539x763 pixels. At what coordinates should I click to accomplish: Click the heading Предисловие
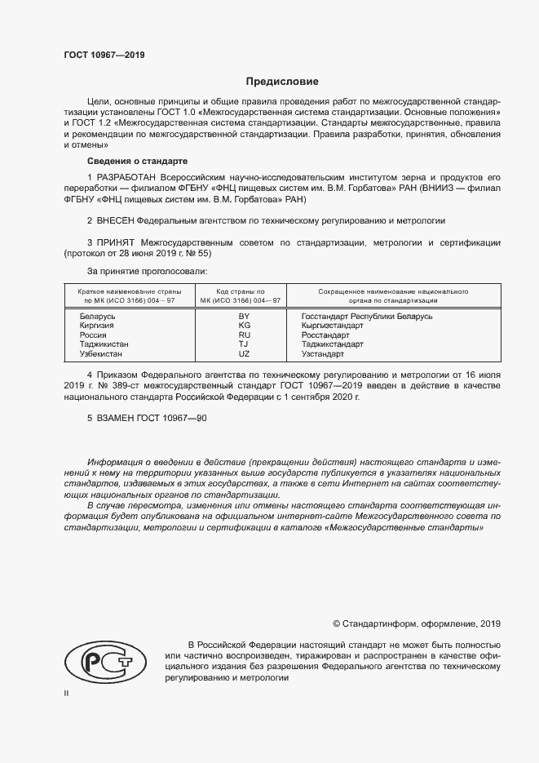(x=283, y=82)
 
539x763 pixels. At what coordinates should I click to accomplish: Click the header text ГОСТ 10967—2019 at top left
(x=104, y=55)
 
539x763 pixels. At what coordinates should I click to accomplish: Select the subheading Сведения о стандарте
(x=137, y=162)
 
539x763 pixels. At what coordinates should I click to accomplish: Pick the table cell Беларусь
(x=98, y=316)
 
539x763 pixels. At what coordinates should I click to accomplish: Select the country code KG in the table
(x=244, y=325)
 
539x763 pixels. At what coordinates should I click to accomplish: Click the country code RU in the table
(x=244, y=335)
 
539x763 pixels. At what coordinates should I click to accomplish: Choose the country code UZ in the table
(x=244, y=354)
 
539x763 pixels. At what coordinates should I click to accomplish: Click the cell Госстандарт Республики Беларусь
(x=366, y=316)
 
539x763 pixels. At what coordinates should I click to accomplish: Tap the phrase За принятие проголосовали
(x=147, y=270)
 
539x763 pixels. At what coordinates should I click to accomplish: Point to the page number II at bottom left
(x=66, y=693)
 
